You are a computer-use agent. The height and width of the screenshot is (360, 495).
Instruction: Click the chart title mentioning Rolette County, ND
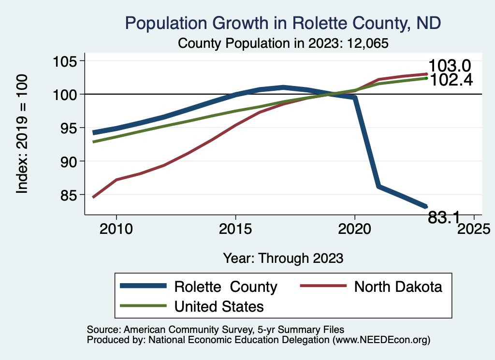pyautogui.click(x=283, y=23)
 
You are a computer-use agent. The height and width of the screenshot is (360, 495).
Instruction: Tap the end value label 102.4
pyautogui.click(x=451, y=80)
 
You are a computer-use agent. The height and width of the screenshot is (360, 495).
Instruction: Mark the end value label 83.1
pyautogui.click(x=444, y=218)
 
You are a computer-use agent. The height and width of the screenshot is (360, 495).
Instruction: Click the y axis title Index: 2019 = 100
pyautogui.click(x=22, y=134)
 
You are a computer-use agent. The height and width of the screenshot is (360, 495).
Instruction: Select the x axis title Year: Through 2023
pyautogui.click(x=283, y=258)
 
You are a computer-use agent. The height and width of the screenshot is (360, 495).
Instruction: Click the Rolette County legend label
pyautogui.click(x=226, y=287)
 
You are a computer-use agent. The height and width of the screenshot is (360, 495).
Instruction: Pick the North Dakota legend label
pyautogui.click(x=398, y=287)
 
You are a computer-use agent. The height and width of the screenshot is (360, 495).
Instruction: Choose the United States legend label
pyautogui.click(x=219, y=306)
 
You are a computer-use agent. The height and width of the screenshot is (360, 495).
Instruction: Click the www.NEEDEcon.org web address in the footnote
pyautogui.click(x=380, y=340)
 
